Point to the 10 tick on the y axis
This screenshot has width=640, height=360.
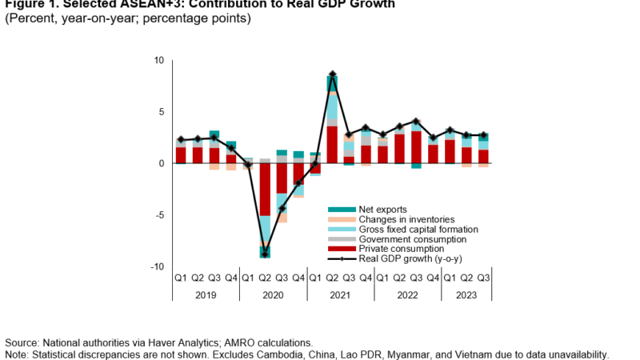pyautogui.click(x=158, y=61)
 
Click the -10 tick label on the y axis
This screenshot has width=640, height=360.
pyautogui.click(x=157, y=267)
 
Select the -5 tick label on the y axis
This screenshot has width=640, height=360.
pyautogui.click(x=158, y=215)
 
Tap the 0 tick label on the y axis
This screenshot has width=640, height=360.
pyautogui.click(x=161, y=164)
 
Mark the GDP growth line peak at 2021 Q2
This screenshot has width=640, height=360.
pyautogui.click(x=332, y=75)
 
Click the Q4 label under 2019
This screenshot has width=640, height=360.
pyautogui.click(x=231, y=278)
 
